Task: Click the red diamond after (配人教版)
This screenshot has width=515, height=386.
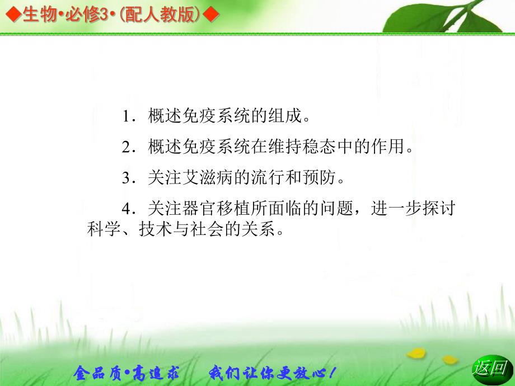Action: coord(210,15)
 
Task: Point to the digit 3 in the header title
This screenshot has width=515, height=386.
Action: coord(104,15)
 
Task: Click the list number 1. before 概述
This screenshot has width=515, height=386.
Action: coord(129,116)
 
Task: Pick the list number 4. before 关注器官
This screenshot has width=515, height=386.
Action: coord(129,209)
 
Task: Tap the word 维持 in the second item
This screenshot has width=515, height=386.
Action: coord(285,147)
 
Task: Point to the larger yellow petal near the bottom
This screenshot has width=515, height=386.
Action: coord(416,353)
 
